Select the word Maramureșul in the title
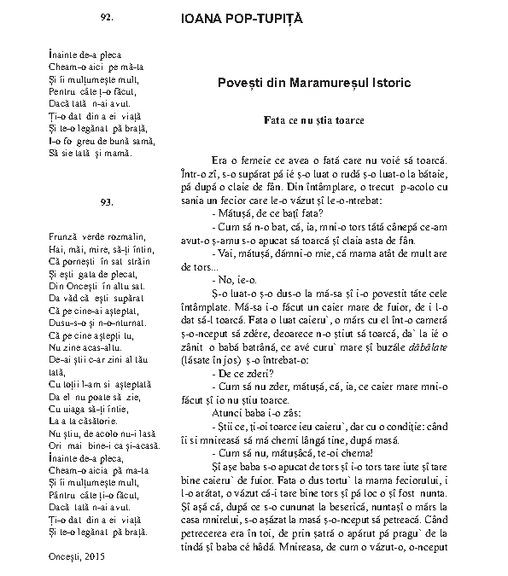328,84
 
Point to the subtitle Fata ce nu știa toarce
314,120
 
